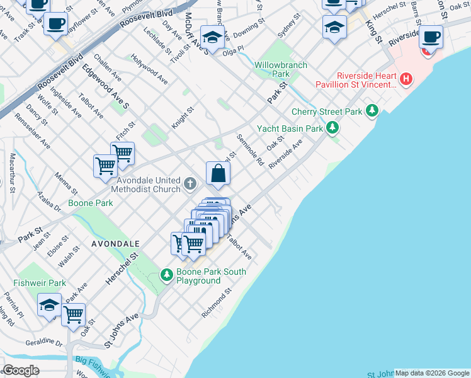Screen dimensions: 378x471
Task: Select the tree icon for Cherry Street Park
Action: coord(373,112)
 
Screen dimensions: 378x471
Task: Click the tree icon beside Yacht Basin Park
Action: coord(332,129)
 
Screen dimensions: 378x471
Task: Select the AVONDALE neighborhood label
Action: coord(114,243)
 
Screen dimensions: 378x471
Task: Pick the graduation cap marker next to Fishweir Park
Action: coord(49,306)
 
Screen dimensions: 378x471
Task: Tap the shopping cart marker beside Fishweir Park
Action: coord(74,314)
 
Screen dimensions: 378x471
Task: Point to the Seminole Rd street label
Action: coord(250,150)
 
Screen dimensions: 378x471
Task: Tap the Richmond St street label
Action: coord(217,303)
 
